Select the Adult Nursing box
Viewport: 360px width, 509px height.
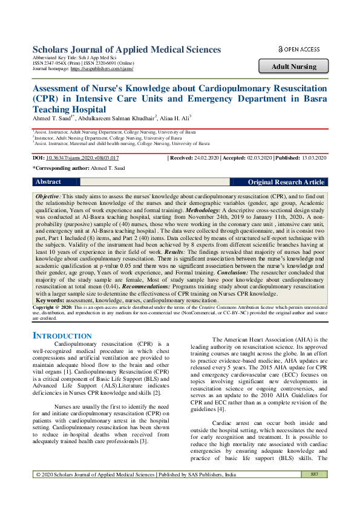click(x=293, y=66)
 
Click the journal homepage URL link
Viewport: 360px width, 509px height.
click(x=102, y=69)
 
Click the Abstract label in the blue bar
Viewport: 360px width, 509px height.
click(x=48, y=182)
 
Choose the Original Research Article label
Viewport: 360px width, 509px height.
click(x=286, y=182)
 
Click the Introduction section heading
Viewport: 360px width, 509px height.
click(x=62, y=336)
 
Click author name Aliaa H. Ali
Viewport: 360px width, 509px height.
click(x=176, y=118)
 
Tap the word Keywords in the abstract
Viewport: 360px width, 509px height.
click(x=50, y=300)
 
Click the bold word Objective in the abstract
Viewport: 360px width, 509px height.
click(x=48, y=197)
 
